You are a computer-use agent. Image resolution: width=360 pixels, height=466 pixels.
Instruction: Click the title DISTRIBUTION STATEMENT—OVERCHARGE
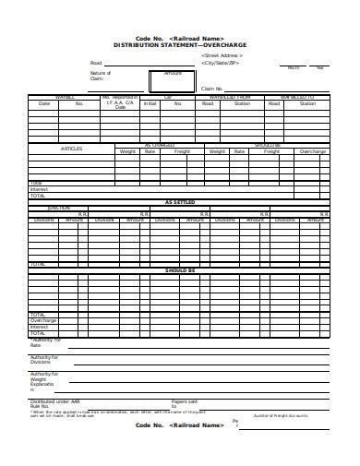coord(180,44)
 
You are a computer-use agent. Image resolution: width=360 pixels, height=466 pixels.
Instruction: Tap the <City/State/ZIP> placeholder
coord(220,64)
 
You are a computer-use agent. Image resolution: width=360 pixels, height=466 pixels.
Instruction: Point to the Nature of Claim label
coord(100,75)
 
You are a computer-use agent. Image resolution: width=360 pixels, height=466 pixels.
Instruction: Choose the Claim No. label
coord(212,89)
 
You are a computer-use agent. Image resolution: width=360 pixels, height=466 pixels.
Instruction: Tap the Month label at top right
coord(294,67)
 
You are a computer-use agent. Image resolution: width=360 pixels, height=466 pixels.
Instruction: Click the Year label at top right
coord(320,67)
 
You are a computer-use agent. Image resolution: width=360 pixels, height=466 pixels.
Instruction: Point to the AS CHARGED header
coord(161,144)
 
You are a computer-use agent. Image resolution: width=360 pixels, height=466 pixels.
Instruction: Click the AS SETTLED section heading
coord(180,202)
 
